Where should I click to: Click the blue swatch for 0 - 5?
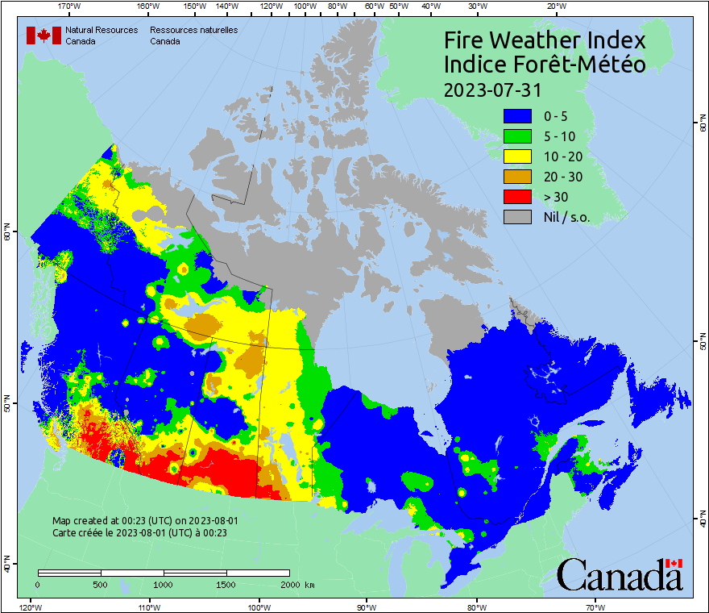click(x=517, y=116)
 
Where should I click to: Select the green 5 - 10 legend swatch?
click(x=517, y=136)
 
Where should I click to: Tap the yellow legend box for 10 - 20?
click(x=517, y=156)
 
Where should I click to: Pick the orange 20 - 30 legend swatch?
click(x=517, y=177)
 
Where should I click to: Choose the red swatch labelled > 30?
click(x=517, y=197)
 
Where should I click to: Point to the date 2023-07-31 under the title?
click(x=492, y=90)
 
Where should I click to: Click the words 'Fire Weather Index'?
click(x=545, y=40)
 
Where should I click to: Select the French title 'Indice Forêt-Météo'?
click(x=545, y=65)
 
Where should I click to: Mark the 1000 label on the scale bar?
click(x=164, y=584)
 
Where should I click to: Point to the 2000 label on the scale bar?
click(x=289, y=584)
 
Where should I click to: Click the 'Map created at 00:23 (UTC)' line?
click(x=145, y=521)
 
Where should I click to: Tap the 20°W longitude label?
click(x=554, y=6)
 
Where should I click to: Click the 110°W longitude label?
click(x=149, y=607)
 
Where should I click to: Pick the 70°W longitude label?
click(x=595, y=607)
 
